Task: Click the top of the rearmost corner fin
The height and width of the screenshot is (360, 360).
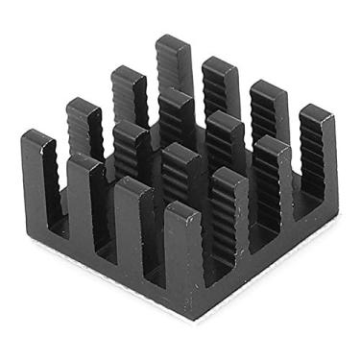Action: tap(174, 43)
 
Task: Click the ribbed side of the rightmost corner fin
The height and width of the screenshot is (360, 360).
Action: tap(309, 163)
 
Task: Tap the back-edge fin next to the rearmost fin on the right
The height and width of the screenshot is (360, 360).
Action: tap(220, 86)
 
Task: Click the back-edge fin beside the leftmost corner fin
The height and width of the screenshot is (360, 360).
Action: tap(84, 125)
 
